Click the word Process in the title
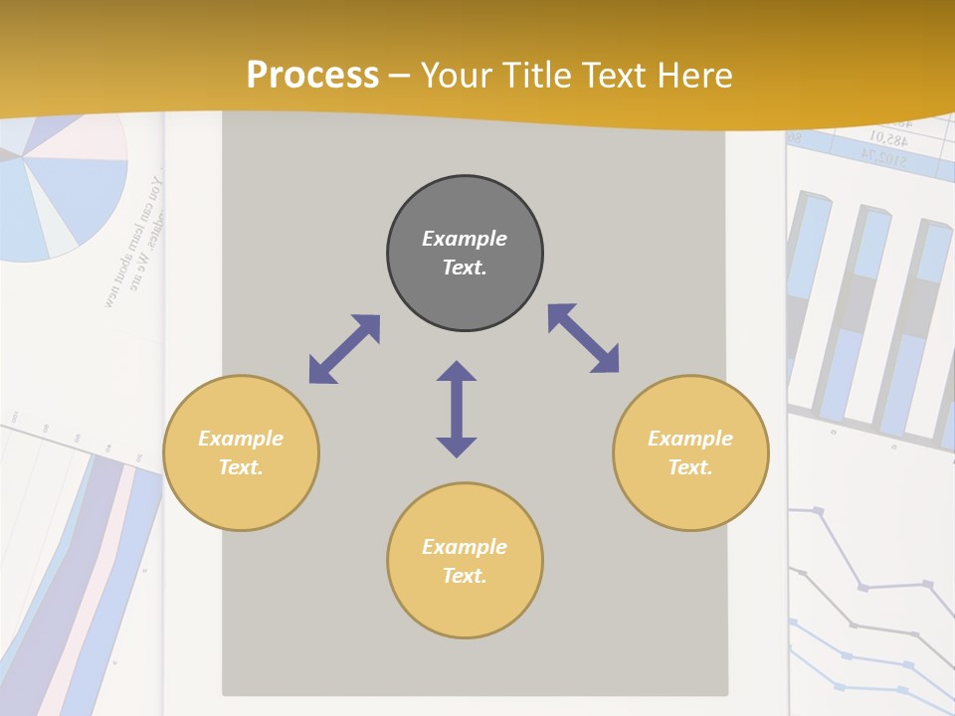pyautogui.click(x=312, y=76)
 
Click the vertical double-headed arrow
pyautogui.click(x=457, y=409)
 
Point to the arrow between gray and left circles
pyautogui.click(x=344, y=349)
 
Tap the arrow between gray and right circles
pyautogui.click(x=584, y=338)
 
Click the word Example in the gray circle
pyautogui.click(x=465, y=239)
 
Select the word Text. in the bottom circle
pyautogui.click(x=465, y=576)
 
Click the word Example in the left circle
pyautogui.click(x=241, y=439)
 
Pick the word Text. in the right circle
pyautogui.click(x=690, y=467)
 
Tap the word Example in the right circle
pyautogui.click(x=690, y=439)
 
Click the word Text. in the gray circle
pyautogui.click(x=465, y=268)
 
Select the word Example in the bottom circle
pyautogui.click(x=465, y=547)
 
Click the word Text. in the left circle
pyautogui.click(x=241, y=467)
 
